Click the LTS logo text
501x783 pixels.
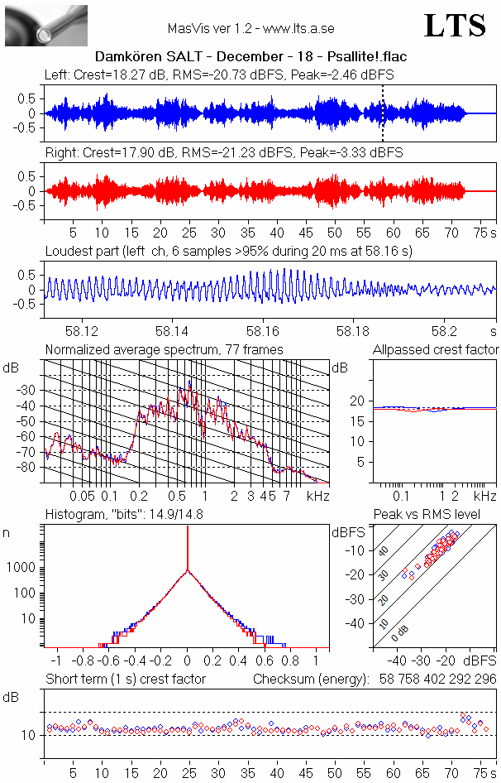tap(455, 26)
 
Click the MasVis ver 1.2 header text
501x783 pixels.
tap(250, 28)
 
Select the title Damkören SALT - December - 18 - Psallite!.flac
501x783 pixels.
tap(250, 57)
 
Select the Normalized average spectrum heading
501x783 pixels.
tap(164, 349)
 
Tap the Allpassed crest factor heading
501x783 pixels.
tap(436, 349)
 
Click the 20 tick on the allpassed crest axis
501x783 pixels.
tap(358, 401)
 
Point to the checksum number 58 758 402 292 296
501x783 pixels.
tap(434, 679)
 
